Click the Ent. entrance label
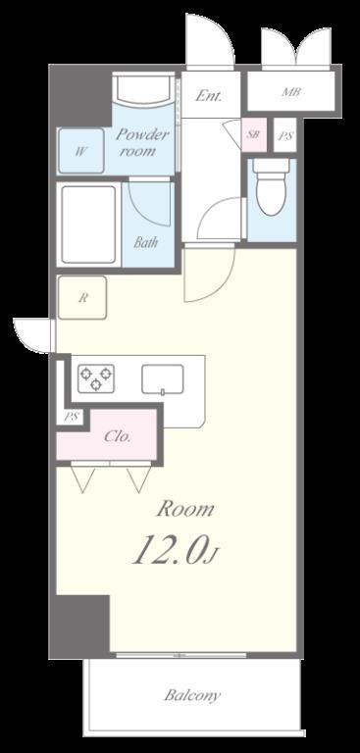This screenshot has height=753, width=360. point(208,96)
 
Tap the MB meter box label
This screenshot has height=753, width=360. point(291,93)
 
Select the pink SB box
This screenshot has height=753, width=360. point(253,135)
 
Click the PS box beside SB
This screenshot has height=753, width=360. point(284,135)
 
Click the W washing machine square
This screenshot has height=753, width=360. point(80,151)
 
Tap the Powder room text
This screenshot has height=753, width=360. point(143,143)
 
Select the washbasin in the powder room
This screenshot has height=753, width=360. point(144,94)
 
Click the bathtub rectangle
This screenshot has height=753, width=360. point(89,224)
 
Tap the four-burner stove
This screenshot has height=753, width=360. point(96,377)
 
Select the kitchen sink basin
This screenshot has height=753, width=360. point(163,378)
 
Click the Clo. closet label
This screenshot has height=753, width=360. point(118,437)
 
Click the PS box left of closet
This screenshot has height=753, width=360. point(71,416)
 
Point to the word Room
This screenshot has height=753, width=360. point(185,510)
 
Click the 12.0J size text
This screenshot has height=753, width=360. point(174,551)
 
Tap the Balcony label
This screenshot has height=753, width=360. point(192,696)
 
